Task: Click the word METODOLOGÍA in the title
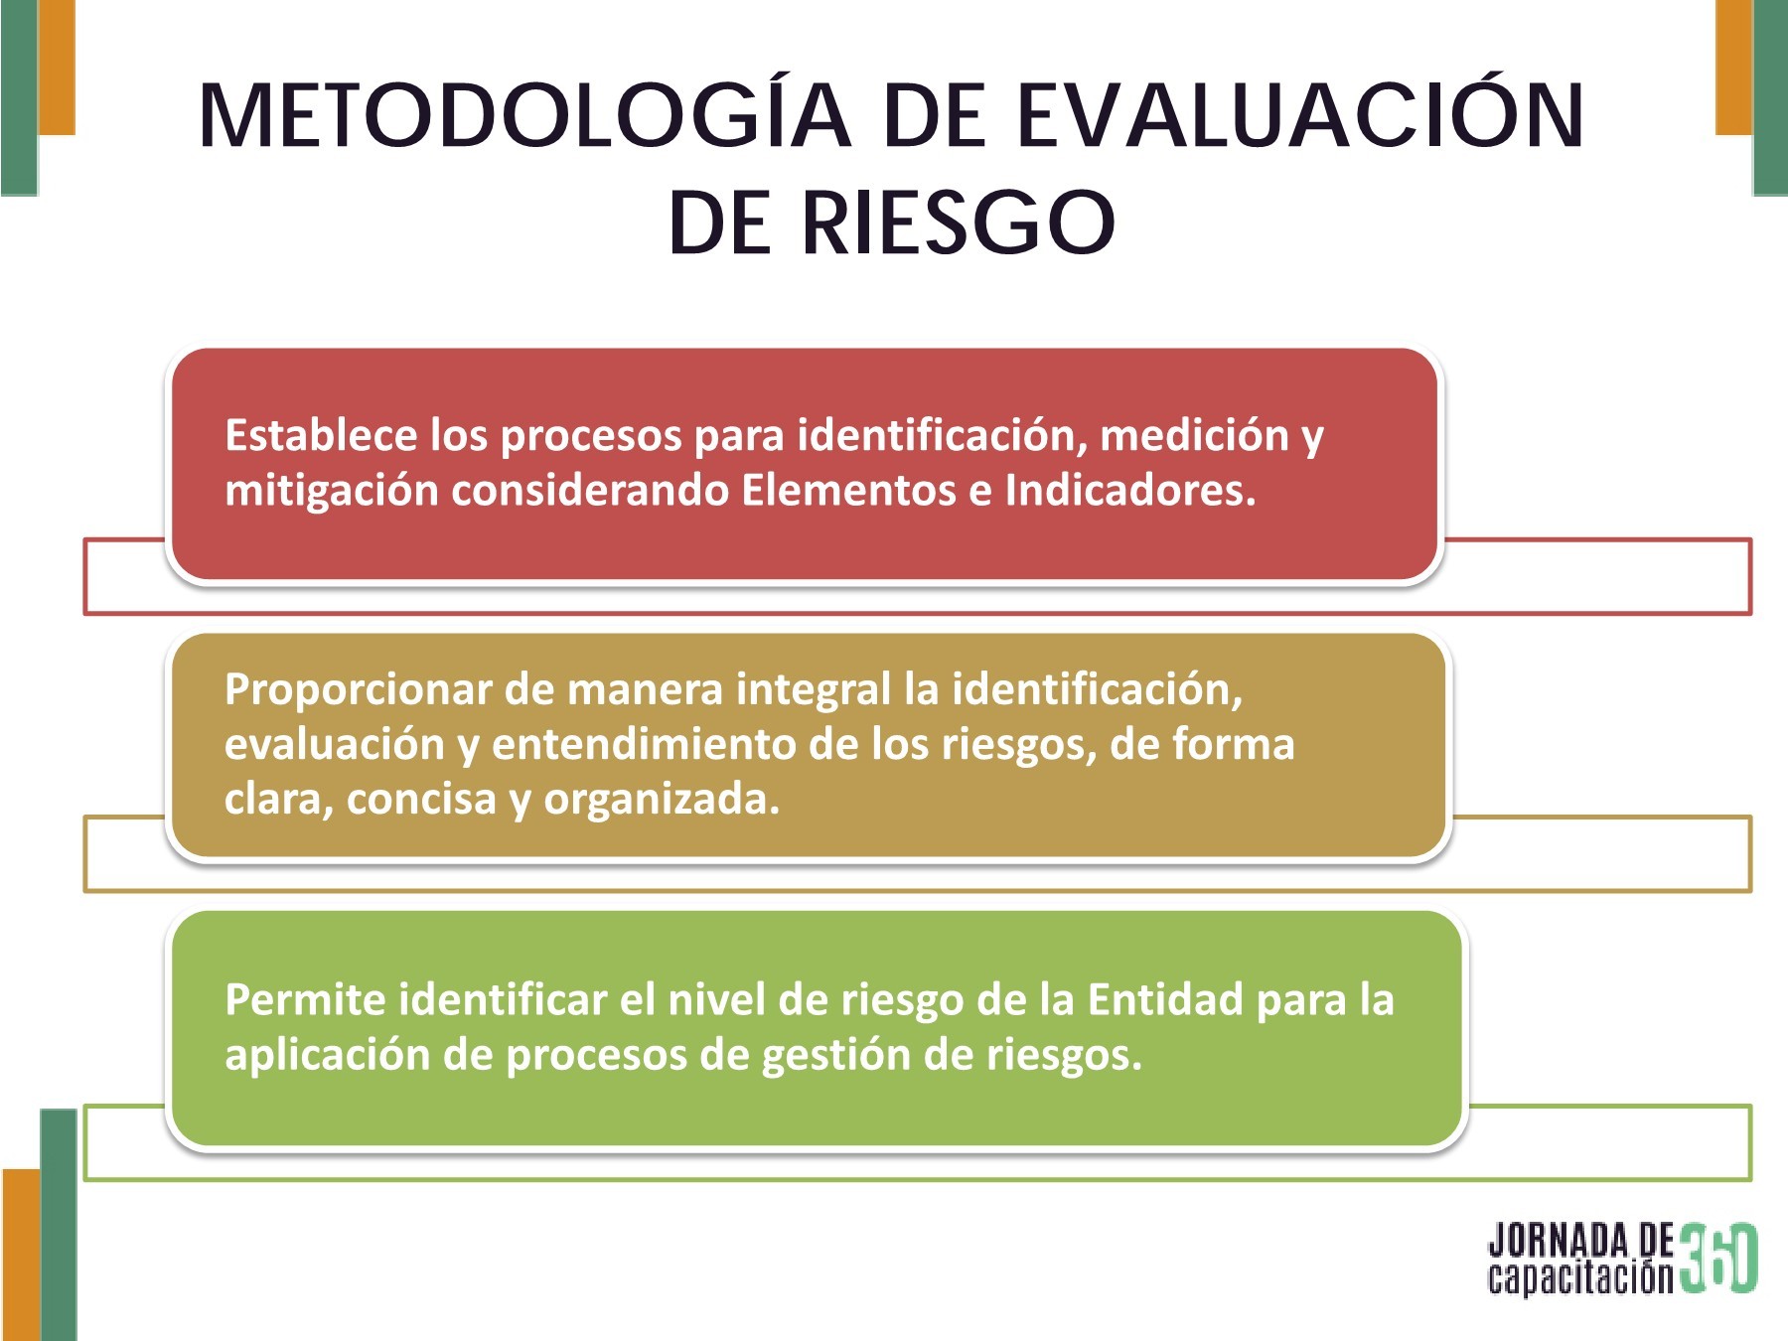click(x=524, y=117)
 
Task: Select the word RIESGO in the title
click(x=959, y=223)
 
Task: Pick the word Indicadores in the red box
click(x=1130, y=490)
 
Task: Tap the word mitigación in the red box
click(x=331, y=490)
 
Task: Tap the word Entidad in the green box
click(x=1165, y=999)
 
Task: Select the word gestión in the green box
click(x=835, y=1055)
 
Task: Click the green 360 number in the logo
click(x=1719, y=1258)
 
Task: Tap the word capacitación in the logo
click(x=1580, y=1276)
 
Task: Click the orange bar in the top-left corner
click(x=57, y=66)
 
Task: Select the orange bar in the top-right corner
click(x=1734, y=66)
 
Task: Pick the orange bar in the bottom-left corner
click(x=21, y=1254)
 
